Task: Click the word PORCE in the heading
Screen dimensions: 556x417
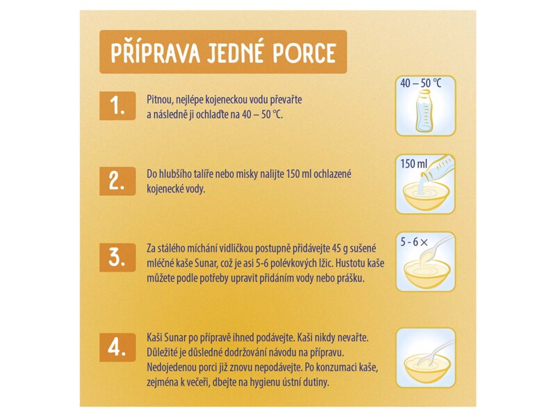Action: pyautogui.click(x=304, y=54)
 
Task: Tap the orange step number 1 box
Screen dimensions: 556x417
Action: pyautogui.click(x=117, y=106)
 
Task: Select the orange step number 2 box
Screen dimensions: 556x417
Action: pyautogui.click(x=117, y=181)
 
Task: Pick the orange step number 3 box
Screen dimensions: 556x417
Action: pyautogui.click(x=117, y=257)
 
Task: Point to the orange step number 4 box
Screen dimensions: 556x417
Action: pyautogui.click(x=117, y=347)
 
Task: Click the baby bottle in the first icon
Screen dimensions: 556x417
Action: pyautogui.click(x=425, y=111)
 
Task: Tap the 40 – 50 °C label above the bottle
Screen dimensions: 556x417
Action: pyautogui.click(x=421, y=83)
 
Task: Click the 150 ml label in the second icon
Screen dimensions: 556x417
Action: pyautogui.click(x=414, y=164)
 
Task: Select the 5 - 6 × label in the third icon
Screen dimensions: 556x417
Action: pyautogui.click(x=414, y=242)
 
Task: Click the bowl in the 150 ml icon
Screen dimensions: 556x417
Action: pyautogui.click(x=426, y=198)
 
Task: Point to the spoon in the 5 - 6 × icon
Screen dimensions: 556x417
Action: pyautogui.click(x=436, y=248)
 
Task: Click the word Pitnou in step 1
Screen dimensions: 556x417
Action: pyautogui.click(x=160, y=100)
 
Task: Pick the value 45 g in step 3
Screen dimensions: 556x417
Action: pyautogui.click(x=340, y=249)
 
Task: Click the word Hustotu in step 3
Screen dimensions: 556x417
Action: pyautogui.click(x=349, y=263)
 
